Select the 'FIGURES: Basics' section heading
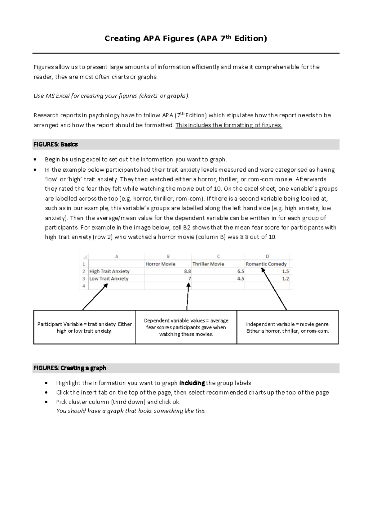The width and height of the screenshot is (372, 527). [55, 144]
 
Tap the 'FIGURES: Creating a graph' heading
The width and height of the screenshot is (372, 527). [70, 368]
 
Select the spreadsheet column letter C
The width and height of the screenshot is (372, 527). [218, 256]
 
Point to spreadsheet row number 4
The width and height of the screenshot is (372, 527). [84, 286]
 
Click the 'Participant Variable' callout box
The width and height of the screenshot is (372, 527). [84, 327]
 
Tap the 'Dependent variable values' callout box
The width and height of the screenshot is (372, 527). [186, 327]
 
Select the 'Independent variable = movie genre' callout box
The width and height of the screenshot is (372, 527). [287, 327]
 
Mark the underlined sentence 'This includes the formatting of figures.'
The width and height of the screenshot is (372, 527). [229, 125]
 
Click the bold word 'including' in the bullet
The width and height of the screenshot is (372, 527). [192, 383]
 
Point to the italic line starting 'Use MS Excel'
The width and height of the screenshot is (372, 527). [111, 96]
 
